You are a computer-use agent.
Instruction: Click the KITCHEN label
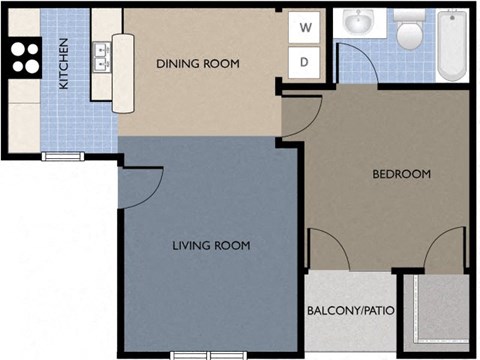click(x=63, y=64)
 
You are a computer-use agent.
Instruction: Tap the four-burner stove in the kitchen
click(x=24, y=57)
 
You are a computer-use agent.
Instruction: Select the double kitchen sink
click(x=101, y=57)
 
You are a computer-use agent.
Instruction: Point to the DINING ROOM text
click(x=198, y=64)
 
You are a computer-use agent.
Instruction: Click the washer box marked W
click(x=305, y=28)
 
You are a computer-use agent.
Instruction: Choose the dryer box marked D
click(x=305, y=63)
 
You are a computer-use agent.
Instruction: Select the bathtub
click(x=453, y=47)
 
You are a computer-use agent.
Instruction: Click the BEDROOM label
click(x=401, y=174)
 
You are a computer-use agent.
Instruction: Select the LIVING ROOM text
click(x=210, y=245)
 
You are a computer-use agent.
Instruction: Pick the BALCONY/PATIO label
click(x=350, y=311)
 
